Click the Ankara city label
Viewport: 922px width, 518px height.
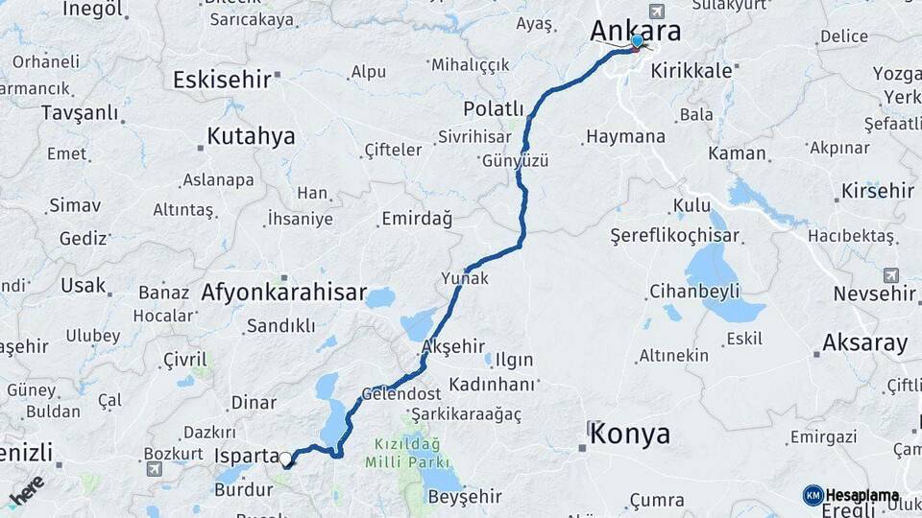(637, 30)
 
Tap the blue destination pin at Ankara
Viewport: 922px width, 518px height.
(637, 41)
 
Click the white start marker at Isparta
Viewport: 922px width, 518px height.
(285, 459)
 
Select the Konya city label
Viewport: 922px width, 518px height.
(630, 434)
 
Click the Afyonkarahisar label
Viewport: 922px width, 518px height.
(283, 293)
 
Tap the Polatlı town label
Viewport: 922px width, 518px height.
(493, 107)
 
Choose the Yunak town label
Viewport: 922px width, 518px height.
(465, 278)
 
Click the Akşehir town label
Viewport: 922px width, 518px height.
(453, 346)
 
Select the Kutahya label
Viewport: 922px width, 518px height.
(251, 136)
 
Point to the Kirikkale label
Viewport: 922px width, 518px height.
(691, 70)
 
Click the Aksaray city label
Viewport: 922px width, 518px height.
(864, 342)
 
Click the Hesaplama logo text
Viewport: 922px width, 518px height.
(861, 495)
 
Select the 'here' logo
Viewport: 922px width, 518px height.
(26, 489)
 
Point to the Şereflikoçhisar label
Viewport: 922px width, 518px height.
(675, 236)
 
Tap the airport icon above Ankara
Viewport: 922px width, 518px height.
(656, 12)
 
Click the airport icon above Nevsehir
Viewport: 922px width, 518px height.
(890, 275)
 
